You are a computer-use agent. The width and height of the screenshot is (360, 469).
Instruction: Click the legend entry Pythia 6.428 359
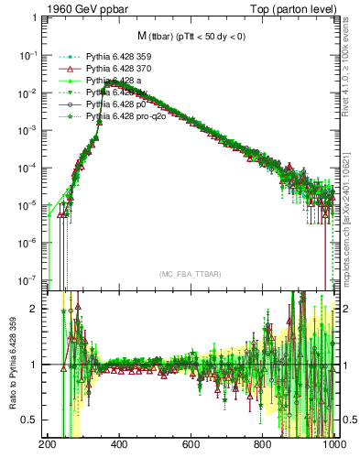pos(123,56)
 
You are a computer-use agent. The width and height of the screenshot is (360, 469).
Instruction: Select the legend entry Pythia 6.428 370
pos(123,69)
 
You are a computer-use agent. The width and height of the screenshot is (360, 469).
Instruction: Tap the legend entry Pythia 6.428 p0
pos(119,105)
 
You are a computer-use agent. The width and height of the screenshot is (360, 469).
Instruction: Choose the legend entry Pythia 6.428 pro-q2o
pos(128,117)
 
